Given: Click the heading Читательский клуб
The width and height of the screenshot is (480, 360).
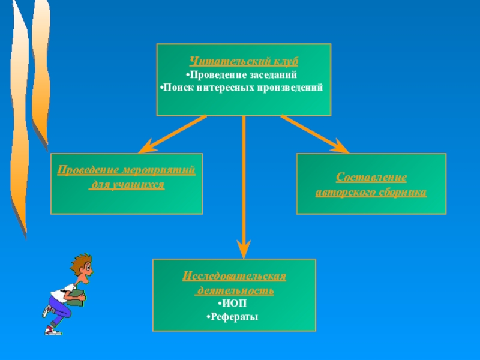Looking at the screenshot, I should (x=244, y=62).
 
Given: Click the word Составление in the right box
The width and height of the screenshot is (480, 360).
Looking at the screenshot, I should (x=371, y=178).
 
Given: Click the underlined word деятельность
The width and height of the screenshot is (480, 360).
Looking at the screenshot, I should (x=235, y=290).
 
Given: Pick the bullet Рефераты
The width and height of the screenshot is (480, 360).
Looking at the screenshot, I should (x=233, y=317).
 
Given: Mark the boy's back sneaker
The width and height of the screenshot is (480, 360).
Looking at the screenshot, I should (x=46, y=311).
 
